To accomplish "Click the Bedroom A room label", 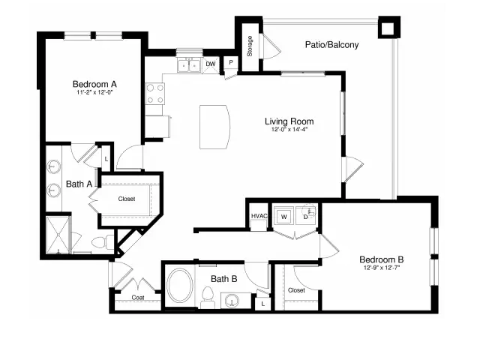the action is [x=94, y=84].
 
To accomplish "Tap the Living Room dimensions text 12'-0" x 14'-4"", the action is [x=289, y=129].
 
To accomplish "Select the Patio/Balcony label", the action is [x=331, y=45].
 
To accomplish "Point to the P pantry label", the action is [x=231, y=62].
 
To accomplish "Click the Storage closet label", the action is [x=250, y=46].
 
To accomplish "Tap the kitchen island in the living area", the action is [x=214, y=127].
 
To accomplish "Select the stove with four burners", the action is [x=155, y=94].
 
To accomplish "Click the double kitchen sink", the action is [x=189, y=65].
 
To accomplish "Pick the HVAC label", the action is [x=259, y=216].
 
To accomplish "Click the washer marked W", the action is [x=284, y=217].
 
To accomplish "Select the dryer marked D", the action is [x=305, y=217].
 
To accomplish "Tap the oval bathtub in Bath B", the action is [x=180, y=285].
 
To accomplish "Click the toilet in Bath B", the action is [x=208, y=298].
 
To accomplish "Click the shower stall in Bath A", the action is [x=58, y=235].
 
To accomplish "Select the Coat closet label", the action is [x=138, y=297].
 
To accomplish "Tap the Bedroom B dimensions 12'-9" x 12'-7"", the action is [x=382, y=267].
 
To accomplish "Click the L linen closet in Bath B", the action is [x=263, y=304].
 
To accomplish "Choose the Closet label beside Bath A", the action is [x=127, y=199].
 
